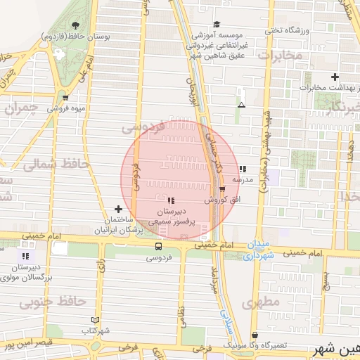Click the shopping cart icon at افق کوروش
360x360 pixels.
click(223, 189)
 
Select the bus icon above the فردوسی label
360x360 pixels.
click(158, 247)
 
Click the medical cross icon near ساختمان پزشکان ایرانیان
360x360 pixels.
click(118, 209)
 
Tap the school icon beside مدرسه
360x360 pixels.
click(242, 169)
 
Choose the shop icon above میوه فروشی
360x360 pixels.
click(65, 98)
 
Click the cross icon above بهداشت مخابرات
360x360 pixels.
click(335, 77)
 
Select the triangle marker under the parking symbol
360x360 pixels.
click(242, 105)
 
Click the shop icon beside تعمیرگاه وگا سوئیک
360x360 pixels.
click(254, 335)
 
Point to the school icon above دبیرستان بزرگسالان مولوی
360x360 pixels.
click(25, 257)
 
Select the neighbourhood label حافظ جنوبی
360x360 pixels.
click(52, 302)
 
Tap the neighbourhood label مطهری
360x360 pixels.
click(261, 302)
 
